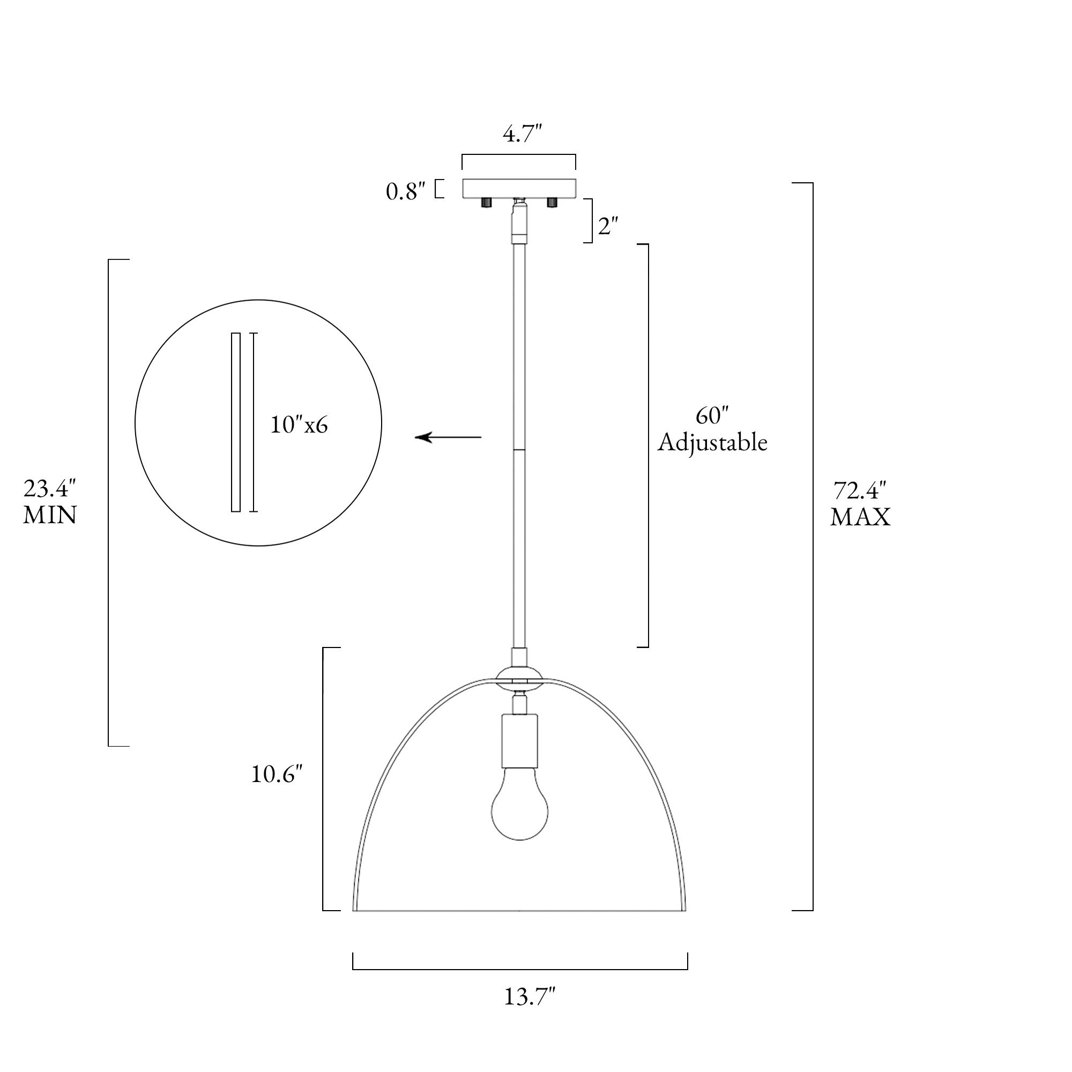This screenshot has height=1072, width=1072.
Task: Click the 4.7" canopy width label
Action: [x=522, y=135]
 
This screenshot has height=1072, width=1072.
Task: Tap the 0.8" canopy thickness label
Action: [x=406, y=191]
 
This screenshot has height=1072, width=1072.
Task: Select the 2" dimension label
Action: [x=608, y=226]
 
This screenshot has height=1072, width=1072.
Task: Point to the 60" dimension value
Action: [x=712, y=416]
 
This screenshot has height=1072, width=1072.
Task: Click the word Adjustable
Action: [x=712, y=443]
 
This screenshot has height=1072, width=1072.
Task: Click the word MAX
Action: [x=860, y=517]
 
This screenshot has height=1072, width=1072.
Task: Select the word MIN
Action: [x=50, y=516]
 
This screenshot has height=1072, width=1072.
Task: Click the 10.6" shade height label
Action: [x=277, y=775]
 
